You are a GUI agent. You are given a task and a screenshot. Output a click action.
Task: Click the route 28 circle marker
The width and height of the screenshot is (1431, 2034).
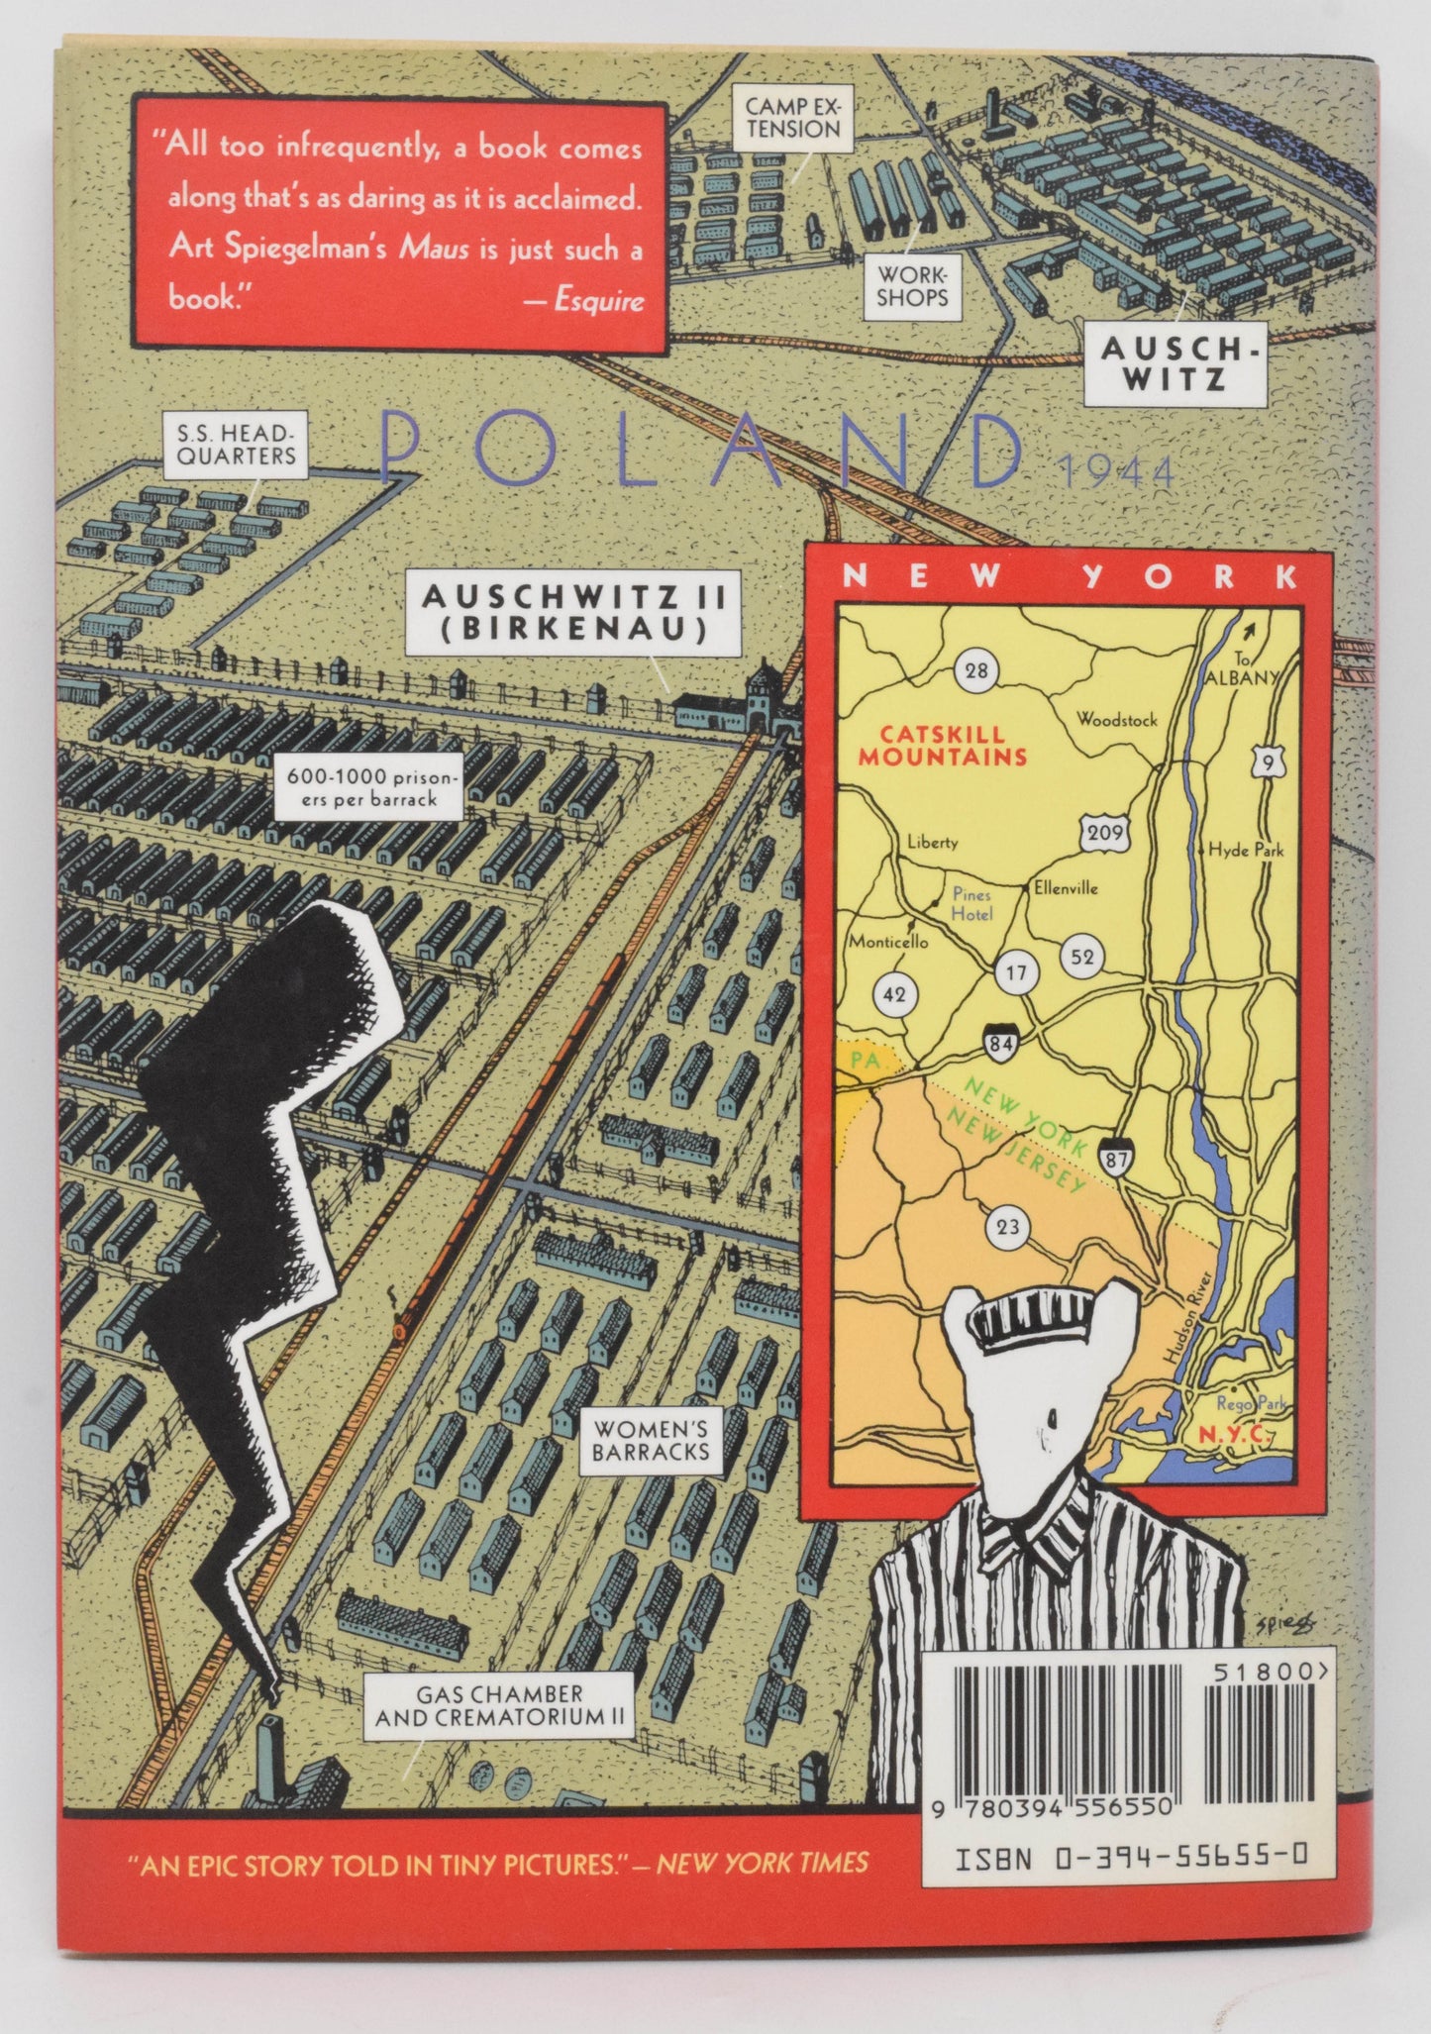click(x=976, y=671)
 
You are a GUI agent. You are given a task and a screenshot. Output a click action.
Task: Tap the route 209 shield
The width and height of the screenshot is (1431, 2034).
click(x=1103, y=833)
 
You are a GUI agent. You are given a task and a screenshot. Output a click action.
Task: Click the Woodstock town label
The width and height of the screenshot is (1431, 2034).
click(x=1117, y=720)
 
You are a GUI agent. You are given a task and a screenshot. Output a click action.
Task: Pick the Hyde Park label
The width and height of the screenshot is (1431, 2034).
click(x=1246, y=850)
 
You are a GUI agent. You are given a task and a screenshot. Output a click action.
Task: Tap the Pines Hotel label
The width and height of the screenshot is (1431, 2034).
click(x=971, y=903)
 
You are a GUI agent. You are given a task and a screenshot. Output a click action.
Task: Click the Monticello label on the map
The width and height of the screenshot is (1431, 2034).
click(x=887, y=942)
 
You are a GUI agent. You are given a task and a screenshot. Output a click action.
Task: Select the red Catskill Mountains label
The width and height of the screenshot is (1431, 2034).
click(x=942, y=747)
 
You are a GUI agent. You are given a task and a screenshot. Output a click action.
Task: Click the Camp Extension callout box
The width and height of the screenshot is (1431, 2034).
click(x=792, y=118)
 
